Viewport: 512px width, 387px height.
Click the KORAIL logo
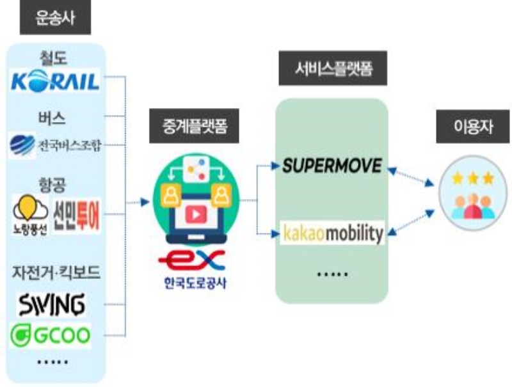(x=56, y=81)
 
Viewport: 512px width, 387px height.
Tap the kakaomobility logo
(x=333, y=233)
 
